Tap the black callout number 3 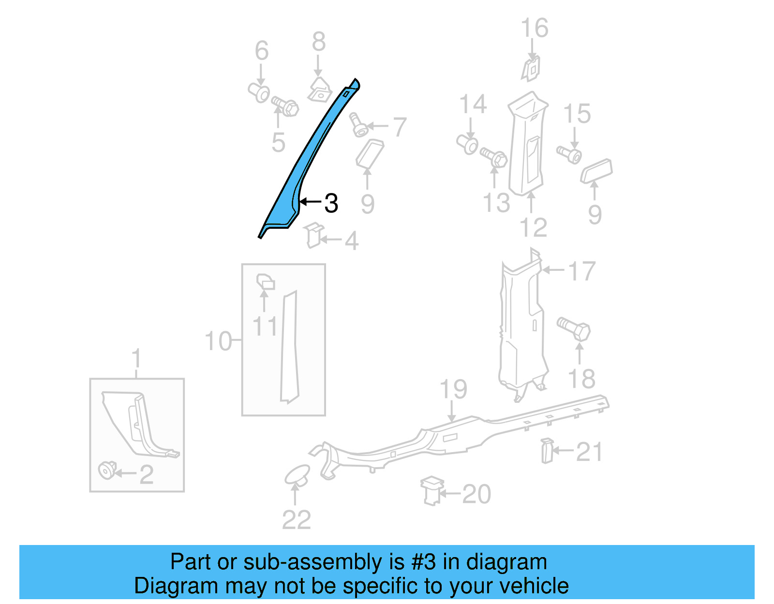click(331, 203)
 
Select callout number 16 click(535, 28)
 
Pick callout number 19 click(453, 389)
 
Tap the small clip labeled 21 click(547, 450)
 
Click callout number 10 click(218, 341)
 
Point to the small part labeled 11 click(265, 281)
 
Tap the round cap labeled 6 click(259, 92)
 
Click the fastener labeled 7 click(358, 125)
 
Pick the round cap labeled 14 click(468, 144)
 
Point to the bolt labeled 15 click(569, 154)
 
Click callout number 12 click(533, 227)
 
